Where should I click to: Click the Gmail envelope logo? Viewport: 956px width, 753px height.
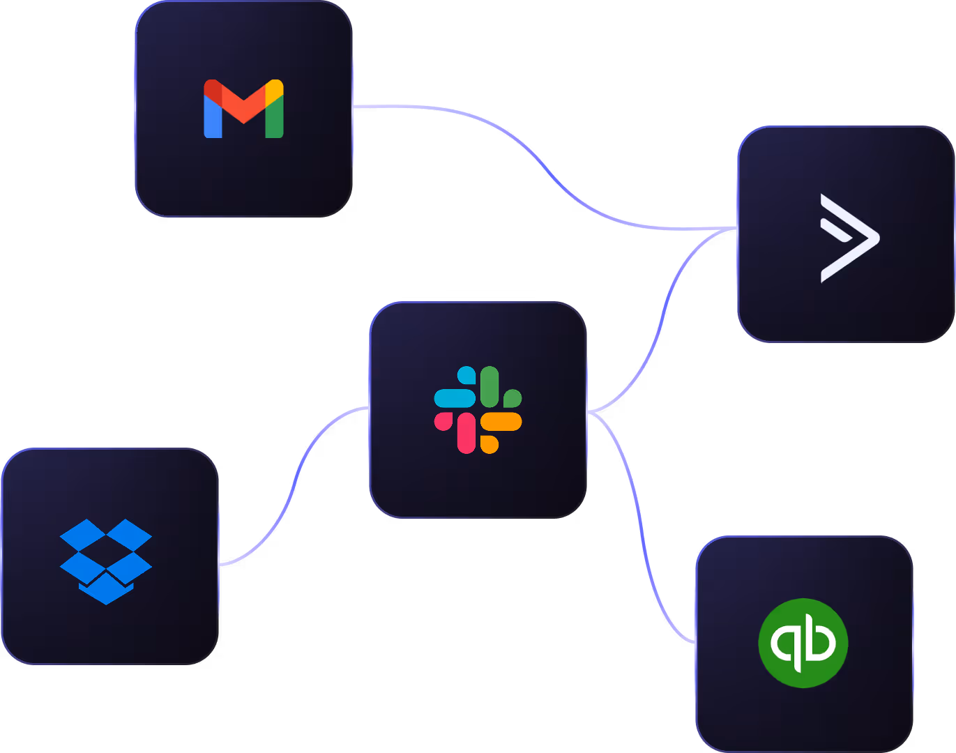click(243, 109)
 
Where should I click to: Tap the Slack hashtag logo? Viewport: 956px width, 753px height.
click(478, 410)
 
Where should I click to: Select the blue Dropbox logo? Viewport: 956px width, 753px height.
click(106, 561)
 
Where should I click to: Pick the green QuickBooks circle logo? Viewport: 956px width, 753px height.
click(803, 642)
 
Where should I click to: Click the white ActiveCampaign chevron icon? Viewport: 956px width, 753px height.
click(849, 238)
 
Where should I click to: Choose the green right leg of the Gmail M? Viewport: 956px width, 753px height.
click(275, 119)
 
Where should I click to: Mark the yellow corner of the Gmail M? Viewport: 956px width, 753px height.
click(275, 89)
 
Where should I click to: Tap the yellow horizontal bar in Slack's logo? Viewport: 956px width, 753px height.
click(501, 421)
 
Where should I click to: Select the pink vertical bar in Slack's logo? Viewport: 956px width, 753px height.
click(466, 433)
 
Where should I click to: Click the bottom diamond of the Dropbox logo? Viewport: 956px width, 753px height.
click(106, 590)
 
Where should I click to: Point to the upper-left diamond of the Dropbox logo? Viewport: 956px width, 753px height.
click(83, 534)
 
